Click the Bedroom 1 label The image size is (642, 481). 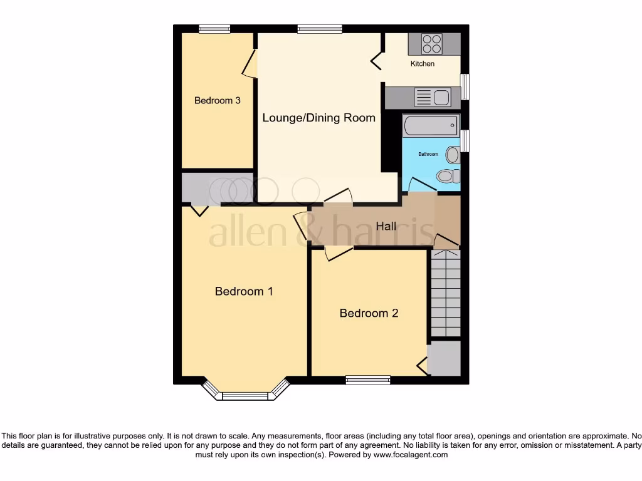pyautogui.click(x=244, y=291)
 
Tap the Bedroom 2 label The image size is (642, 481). pyautogui.click(x=369, y=313)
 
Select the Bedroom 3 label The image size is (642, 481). pyautogui.click(x=218, y=100)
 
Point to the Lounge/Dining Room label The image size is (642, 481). pyautogui.click(x=318, y=118)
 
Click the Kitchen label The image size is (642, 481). pyautogui.click(x=423, y=64)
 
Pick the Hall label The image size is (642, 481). pyautogui.click(x=386, y=226)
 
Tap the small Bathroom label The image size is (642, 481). pyautogui.click(x=428, y=154)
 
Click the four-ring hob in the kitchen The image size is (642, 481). pyautogui.click(x=432, y=44)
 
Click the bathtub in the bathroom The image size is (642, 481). pyautogui.click(x=431, y=126)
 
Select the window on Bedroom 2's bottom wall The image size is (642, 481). pyautogui.click(x=368, y=379)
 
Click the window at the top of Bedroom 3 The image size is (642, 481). pyautogui.click(x=214, y=28)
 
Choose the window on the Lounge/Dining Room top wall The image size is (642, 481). pyautogui.click(x=320, y=28)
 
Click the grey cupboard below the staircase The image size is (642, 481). pyautogui.click(x=445, y=358)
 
